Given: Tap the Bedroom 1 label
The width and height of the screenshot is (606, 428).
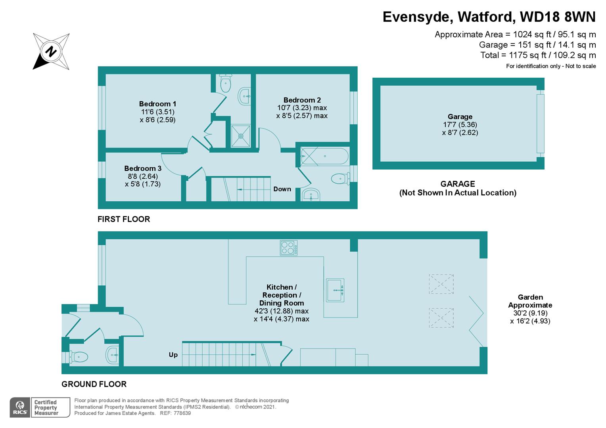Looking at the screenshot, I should tap(157, 104).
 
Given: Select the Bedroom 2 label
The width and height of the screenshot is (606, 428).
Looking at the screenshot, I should tap(302, 100).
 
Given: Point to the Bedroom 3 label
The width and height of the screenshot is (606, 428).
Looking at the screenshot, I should tap(143, 168).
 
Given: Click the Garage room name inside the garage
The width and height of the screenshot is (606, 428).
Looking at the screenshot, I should tap(460, 117).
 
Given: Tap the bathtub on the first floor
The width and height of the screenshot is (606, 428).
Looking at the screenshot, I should tap(324, 156).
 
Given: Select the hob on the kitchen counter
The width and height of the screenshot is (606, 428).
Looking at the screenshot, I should tap(288, 248).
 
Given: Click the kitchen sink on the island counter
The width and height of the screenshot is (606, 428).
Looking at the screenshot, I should tap(335, 290).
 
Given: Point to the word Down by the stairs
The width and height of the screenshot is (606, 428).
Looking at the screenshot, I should tap(282, 189).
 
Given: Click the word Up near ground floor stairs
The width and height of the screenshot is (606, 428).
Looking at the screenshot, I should tap(173, 355).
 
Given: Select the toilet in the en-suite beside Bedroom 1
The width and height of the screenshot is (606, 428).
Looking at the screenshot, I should tap(225, 83).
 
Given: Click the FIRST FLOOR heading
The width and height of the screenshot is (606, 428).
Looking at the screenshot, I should tap(124, 219).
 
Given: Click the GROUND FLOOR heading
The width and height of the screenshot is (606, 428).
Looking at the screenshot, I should tap(94, 384).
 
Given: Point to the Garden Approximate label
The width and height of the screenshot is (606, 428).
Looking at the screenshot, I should tap(530, 301).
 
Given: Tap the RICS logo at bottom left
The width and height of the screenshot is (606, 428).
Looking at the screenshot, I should tap(20, 407).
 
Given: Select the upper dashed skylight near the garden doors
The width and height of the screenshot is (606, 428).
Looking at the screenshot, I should tap(441, 284).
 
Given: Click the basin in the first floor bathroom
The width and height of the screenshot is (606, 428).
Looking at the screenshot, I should tap(311, 195).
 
